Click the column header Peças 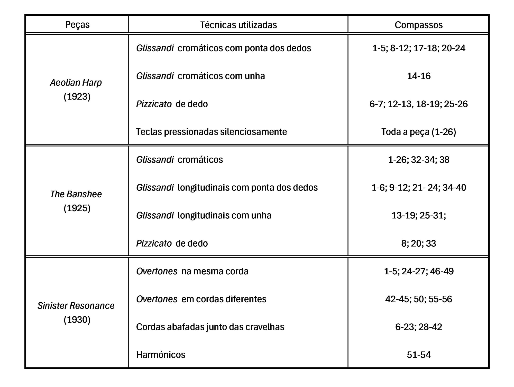tap(77, 25)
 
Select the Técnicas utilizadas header tap(238, 25)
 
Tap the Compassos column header tap(419, 25)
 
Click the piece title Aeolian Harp tap(76, 83)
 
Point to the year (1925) tap(77, 208)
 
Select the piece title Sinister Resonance tap(76, 306)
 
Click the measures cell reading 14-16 tap(419, 76)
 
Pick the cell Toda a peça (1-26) tap(419, 132)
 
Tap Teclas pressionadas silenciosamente tap(211, 132)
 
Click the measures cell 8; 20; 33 tap(419, 243)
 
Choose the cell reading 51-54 tap(419, 355)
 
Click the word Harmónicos tap(161, 355)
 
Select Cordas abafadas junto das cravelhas tap(210, 327)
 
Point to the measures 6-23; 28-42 tap(419, 327)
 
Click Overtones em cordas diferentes tap(201, 299)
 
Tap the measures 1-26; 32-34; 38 tap(419, 160)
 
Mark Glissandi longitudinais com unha tap(204, 215)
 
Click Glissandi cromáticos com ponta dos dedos tap(224, 48)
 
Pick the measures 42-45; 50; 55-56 tap(419, 299)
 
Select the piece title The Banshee tap(76, 194)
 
